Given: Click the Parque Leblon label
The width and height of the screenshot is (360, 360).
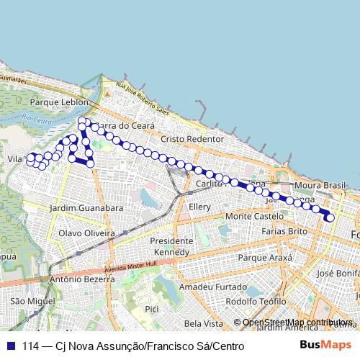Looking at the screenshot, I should (54, 102).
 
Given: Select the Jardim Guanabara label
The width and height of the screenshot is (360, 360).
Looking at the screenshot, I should (86, 208).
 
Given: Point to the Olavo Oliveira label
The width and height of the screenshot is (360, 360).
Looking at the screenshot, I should (86, 233).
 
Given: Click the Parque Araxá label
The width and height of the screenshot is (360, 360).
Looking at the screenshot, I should (265, 257).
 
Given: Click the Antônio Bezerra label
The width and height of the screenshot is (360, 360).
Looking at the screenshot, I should (78, 279).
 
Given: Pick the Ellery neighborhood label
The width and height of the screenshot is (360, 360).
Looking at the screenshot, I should (199, 207).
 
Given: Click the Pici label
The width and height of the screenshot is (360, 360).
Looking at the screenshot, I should (151, 308).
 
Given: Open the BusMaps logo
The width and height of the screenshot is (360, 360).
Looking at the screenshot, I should (325, 346).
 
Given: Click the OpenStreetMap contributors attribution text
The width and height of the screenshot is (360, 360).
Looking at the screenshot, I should (297, 323).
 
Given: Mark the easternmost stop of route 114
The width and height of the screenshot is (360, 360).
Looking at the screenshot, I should (330, 217).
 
